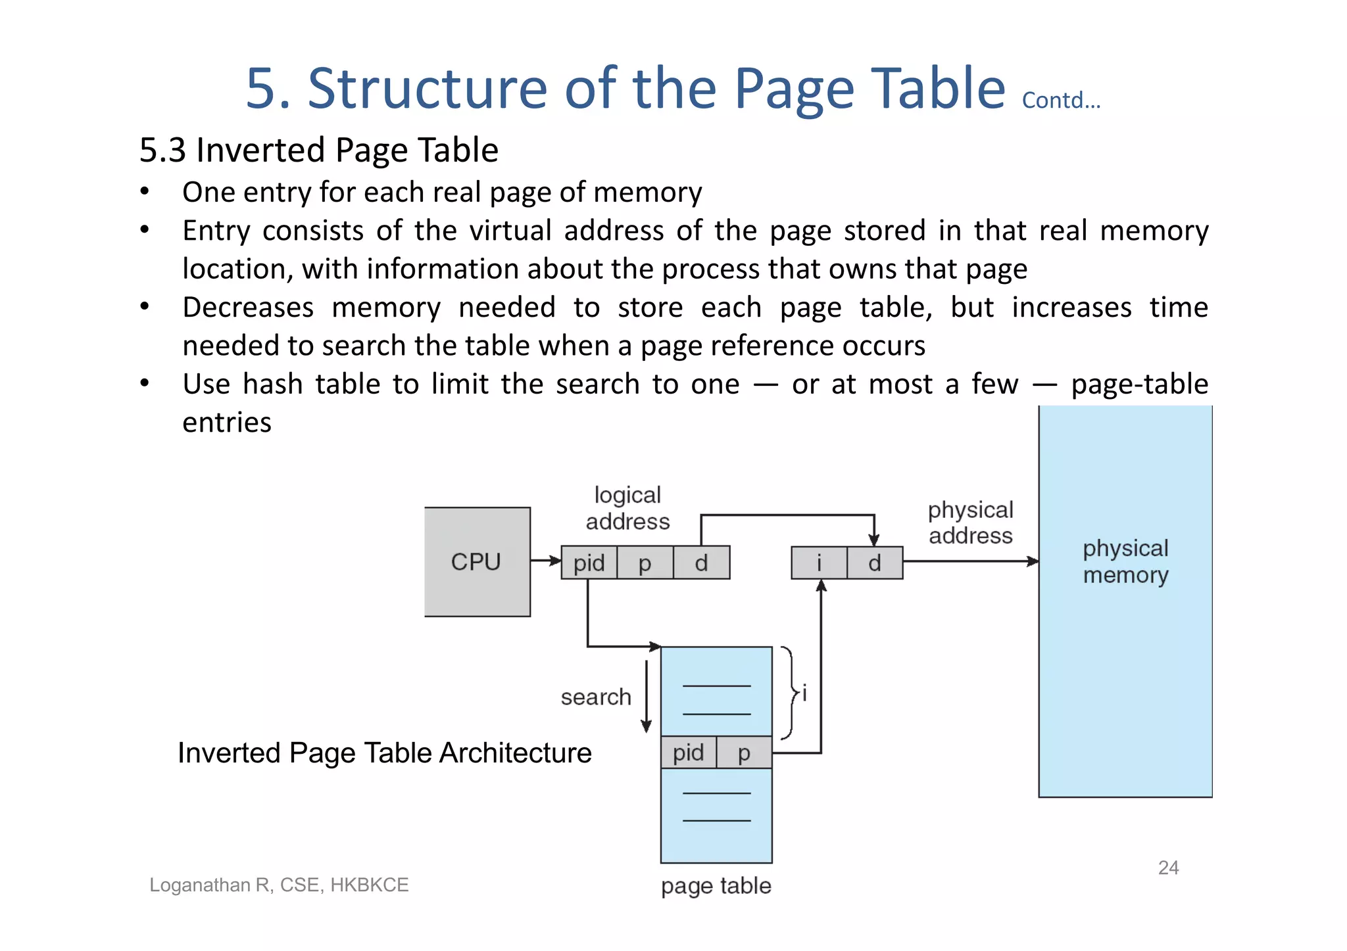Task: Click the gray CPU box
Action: (x=477, y=562)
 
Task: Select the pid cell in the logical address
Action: (x=589, y=563)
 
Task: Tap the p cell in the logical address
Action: (x=645, y=563)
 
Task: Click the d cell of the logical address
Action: (x=701, y=563)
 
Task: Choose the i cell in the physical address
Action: (x=819, y=563)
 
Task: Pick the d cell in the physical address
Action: (x=875, y=563)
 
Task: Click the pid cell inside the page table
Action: (x=688, y=753)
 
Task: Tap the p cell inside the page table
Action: (x=744, y=753)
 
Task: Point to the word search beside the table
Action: (x=596, y=697)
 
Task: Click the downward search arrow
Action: (x=647, y=697)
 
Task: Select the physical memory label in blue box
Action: (x=1125, y=561)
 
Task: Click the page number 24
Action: (x=1168, y=868)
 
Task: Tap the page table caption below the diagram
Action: (x=716, y=886)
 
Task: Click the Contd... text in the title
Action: (x=1061, y=101)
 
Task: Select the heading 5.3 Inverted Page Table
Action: (x=319, y=150)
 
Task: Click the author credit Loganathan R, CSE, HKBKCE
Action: (x=279, y=885)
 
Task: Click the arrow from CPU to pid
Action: (x=545, y=561)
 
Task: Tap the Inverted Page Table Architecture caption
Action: (x=385, y=753)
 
